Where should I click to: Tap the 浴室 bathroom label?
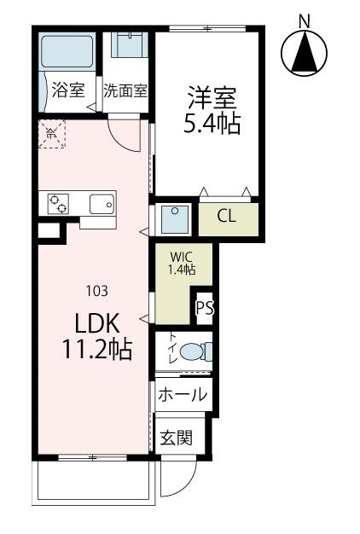[67, 90]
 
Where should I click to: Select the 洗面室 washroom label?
[126, 90]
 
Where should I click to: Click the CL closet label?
[226, 216]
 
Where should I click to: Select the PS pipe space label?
[205, 309]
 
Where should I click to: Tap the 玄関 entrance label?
[177, 438]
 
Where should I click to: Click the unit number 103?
[96, 291]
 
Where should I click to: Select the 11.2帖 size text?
[96, 350]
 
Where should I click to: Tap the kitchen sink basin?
[102, 204]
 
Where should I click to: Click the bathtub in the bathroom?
[67, 53]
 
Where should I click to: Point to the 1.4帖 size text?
[181, 270]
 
